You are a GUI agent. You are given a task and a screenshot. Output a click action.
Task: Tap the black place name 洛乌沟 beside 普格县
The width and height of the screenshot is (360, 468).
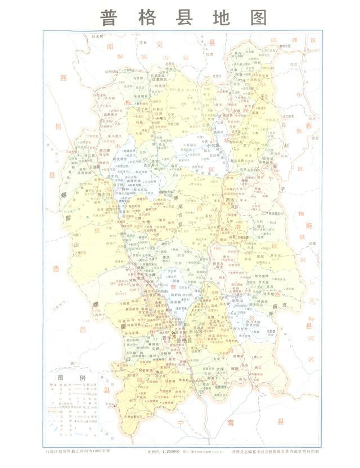(199, 331)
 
